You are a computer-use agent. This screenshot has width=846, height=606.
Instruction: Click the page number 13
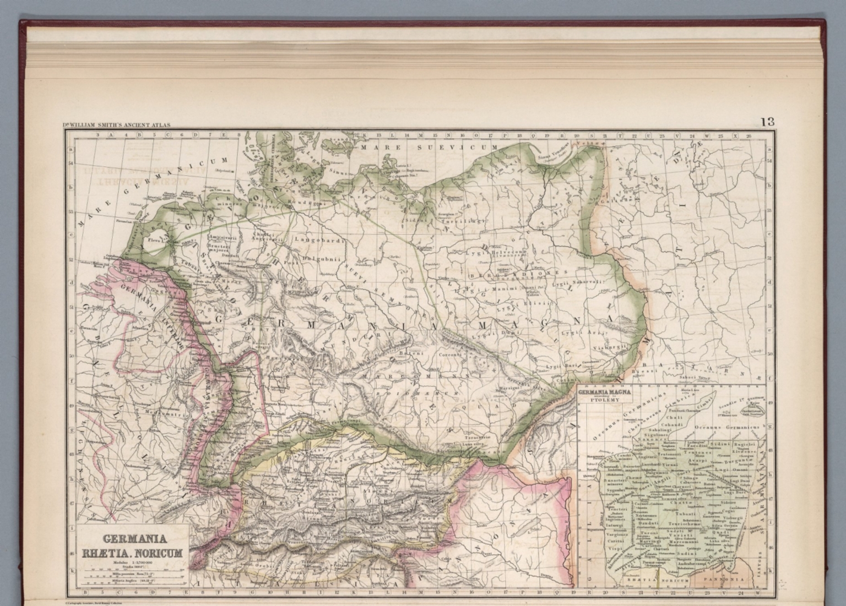pos(767,122)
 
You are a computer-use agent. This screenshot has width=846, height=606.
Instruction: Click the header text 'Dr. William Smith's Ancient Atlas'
pos(117,125)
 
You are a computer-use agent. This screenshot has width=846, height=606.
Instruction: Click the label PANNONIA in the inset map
pos(724,580)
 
